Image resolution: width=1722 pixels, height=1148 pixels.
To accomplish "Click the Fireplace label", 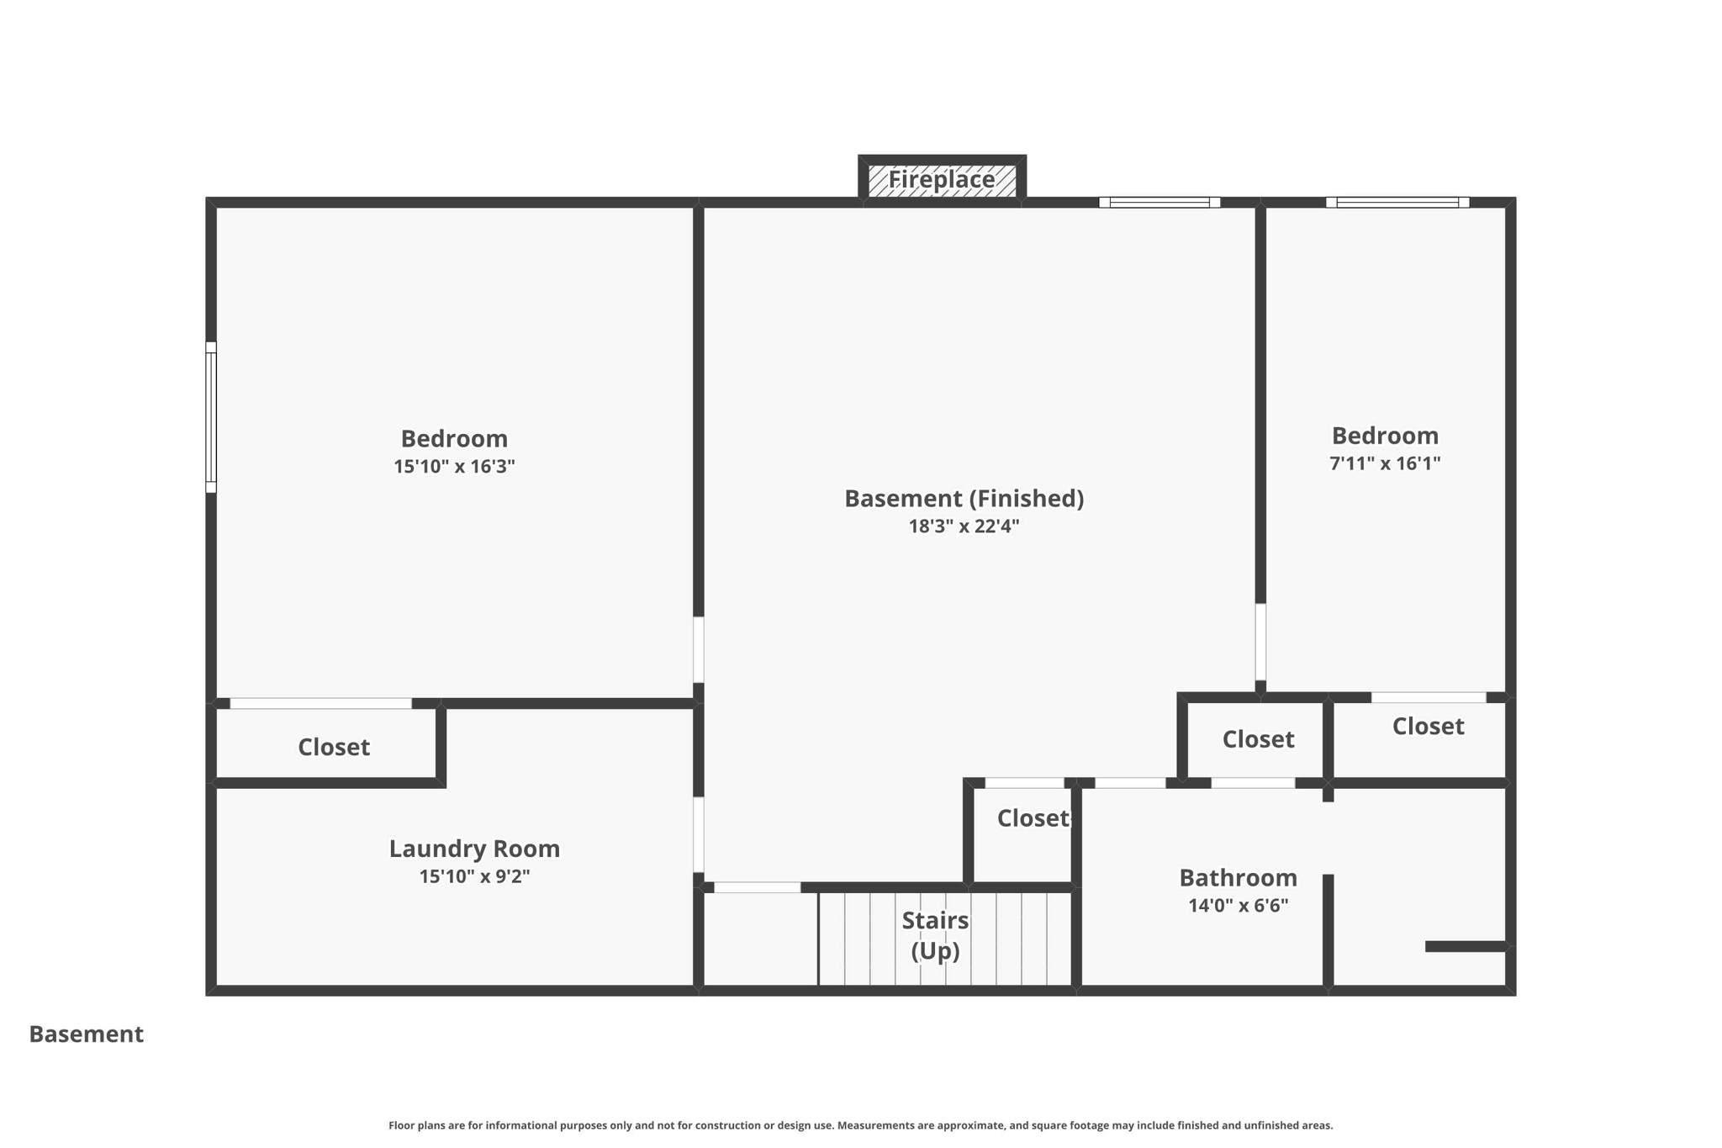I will [941, 179].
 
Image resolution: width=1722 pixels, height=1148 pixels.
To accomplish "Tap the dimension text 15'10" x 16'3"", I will [454, 466].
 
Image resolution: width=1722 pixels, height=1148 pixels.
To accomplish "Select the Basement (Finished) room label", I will [964, 499].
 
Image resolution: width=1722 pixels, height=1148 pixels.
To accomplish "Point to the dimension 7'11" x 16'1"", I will [1384, 463].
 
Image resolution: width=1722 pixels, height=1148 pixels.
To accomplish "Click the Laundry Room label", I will [474, 849].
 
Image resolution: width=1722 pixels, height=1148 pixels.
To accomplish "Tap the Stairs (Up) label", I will [935, 935].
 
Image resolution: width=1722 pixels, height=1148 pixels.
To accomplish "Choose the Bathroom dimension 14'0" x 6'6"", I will [1238, 906].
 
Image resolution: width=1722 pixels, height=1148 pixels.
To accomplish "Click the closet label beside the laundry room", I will [334, 747].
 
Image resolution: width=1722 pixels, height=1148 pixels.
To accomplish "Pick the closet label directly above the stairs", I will [1032, 818].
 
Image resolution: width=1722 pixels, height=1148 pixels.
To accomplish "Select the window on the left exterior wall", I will [211, 417].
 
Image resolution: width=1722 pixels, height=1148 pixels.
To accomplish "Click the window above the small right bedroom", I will [1397, 203].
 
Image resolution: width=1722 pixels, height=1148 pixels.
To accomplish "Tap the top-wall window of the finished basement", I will [1159, 203].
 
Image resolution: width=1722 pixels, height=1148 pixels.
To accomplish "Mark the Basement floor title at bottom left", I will [86, 1034].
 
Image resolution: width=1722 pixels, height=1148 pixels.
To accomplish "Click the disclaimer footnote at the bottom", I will [860, 1125].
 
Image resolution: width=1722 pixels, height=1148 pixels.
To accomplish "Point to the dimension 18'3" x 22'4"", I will [964, 526].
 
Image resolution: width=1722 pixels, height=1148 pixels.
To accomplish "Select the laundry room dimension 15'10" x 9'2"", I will [474, 876].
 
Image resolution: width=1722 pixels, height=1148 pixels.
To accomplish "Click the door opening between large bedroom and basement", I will [698, 649].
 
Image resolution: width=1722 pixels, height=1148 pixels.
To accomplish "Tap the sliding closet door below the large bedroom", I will [320, 703].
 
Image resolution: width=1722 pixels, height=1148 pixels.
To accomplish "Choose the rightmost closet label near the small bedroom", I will [1428, 726].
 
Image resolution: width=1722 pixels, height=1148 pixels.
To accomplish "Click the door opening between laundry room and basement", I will [698, 834].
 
